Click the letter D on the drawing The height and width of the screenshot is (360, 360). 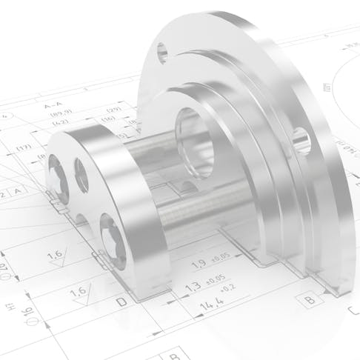click(121, 303)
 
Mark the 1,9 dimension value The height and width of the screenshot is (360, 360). click(198, 265)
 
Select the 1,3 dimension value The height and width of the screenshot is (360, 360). click(192, 285)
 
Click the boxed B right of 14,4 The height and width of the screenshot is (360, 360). click(307, 300)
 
